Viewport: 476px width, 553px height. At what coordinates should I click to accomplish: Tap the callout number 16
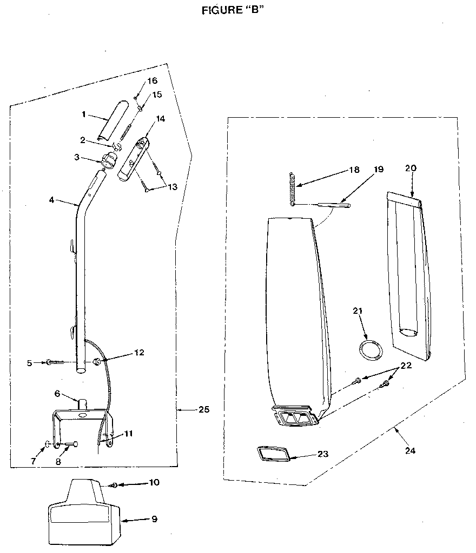[x=152, y=81]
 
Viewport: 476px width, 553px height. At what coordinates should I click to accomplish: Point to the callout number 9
[x=154, y=520]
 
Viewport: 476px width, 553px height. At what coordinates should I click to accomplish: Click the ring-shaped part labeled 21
[x=369, y=349]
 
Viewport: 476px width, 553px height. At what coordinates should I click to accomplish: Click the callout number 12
[x=140, y=353]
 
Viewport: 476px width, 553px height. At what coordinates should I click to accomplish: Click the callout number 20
[x=411, y=168]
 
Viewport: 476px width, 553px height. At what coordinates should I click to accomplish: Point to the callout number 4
[x=51, y=200]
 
